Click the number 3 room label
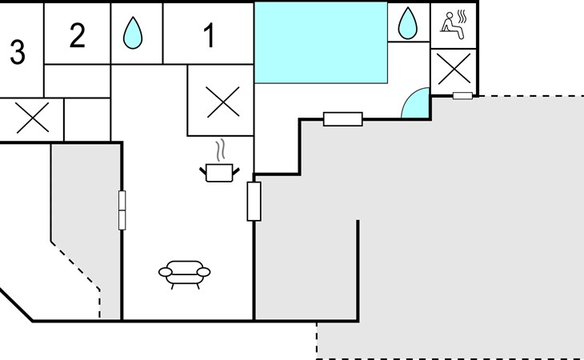(18, 52)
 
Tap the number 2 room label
(77, 35)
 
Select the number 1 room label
(210, 35)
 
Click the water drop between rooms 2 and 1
(133, 33)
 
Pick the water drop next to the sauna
(407, 23)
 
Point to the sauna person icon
(454, 25)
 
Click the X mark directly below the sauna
(454, 69)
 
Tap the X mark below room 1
(222, 102)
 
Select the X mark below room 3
(33, 118)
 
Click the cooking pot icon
(219, 173)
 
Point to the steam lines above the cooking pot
(221, 150)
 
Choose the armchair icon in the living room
(184, 274)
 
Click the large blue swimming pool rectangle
(321, 42)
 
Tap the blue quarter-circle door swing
(415, 102)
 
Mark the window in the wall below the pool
(342, 119)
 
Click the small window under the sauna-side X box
(462, 96)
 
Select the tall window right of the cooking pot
(254, 202)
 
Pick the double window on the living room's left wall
(122, 210)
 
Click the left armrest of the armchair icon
(165, 272)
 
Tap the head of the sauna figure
(450, 15)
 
